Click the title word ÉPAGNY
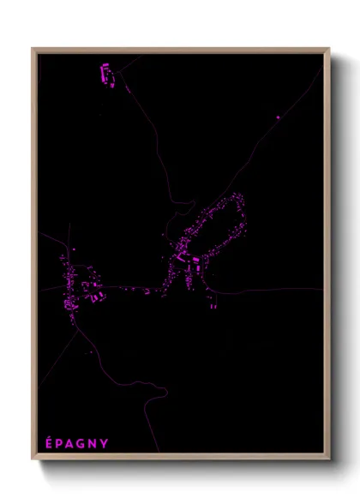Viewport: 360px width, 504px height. click(x=76, y=443)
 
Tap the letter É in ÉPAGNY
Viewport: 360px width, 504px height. click(x=48, y=442)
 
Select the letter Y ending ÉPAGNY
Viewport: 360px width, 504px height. click(x=105, y=443)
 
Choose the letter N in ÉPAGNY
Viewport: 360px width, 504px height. click(x=93, y=443)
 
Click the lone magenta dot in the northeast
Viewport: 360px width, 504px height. click(x=279, y=117)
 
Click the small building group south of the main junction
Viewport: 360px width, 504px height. click(x=211, y=300)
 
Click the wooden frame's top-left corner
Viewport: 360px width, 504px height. click(x=33, y=50)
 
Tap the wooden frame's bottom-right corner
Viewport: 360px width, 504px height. click(x=328, y=459)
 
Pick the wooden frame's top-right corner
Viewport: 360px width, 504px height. click(x=328, y=50)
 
